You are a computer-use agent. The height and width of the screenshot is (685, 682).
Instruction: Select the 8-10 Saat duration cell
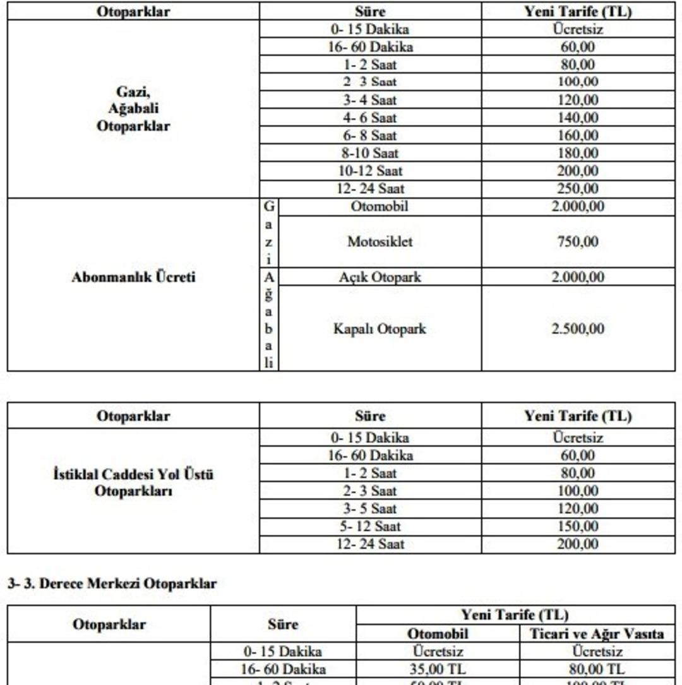(370, 153)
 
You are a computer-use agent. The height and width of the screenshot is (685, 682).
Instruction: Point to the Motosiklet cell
(380, 242)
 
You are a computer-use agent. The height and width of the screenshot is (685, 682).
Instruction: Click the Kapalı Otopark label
(380, 329)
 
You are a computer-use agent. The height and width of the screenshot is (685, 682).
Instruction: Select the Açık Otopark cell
(380, 277)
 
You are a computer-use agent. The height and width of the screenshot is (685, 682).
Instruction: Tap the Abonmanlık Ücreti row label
(133, 277)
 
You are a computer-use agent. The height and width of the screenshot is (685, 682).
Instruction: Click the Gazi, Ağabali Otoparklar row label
(133, 109)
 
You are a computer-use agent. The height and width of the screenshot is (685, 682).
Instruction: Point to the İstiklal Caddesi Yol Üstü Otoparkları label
(133, 482)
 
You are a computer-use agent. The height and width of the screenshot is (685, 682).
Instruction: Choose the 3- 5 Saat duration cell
(370, 509)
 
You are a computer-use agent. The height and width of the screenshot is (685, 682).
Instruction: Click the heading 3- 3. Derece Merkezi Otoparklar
(112, 584)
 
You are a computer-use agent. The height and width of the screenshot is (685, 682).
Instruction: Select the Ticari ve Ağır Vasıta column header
(595, 634)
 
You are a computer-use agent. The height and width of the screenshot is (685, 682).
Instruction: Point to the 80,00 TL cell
(595, 669)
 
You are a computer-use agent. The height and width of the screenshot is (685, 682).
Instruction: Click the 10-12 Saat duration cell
(370, 170)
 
